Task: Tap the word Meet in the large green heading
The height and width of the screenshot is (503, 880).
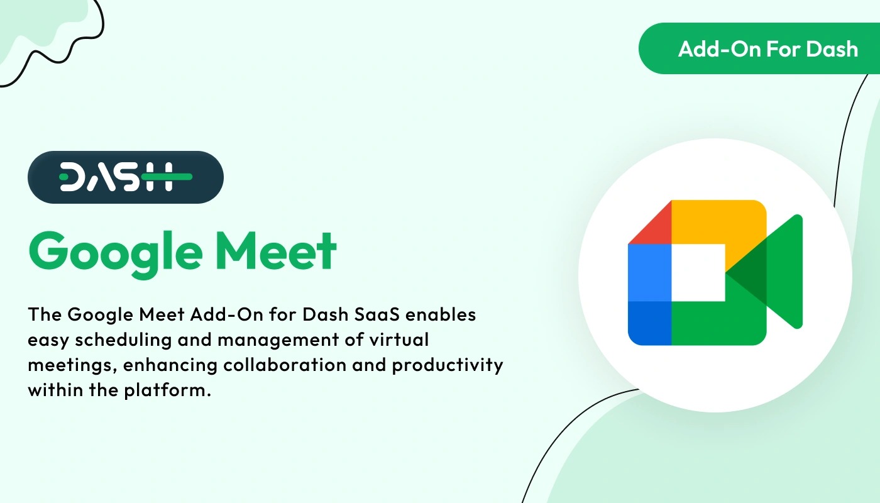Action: pyautogui.click(x=280, y=251)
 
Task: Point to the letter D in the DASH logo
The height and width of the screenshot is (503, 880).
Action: pyautogui.click(x=74, y=177)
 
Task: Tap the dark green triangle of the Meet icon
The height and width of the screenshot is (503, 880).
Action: pyautogui.click(x=748, y=274)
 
